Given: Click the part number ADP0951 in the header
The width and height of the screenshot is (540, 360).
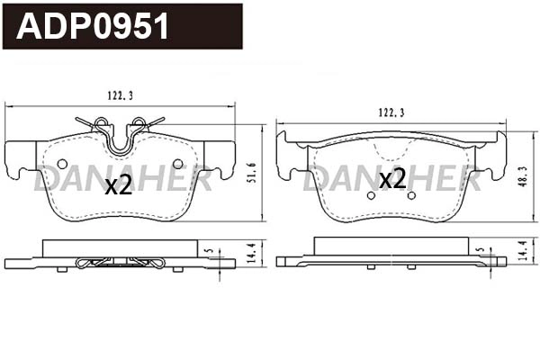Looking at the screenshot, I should click(94, 27).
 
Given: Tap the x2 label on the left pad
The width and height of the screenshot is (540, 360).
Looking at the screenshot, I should click(118, 186).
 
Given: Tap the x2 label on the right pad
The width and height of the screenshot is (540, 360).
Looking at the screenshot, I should click(391, 179).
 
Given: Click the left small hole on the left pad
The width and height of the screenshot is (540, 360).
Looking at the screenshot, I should click(62, 163).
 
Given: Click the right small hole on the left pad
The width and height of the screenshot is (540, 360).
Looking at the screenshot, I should click(177, 163).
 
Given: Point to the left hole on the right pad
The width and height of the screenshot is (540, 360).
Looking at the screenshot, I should click(372, 194).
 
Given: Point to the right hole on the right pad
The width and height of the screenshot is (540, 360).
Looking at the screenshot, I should click(411, 194).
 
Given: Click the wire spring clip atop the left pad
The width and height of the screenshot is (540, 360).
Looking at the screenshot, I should click(120, 130).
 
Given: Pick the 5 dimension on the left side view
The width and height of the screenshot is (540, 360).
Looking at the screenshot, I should click(208, 252).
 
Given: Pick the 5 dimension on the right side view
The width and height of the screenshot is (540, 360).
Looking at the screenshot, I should click(481, 252).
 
